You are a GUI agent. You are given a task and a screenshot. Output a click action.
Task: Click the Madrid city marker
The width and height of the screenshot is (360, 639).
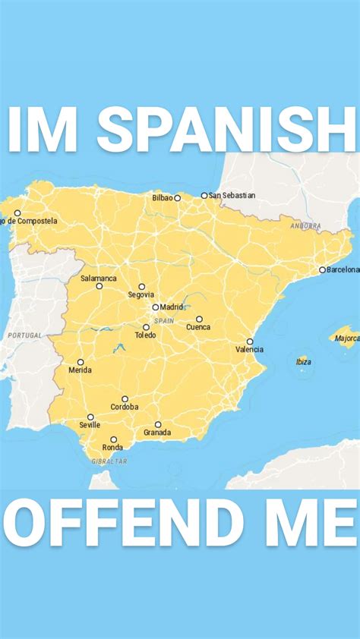156,307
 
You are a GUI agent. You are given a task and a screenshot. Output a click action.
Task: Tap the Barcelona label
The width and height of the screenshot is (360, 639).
343,269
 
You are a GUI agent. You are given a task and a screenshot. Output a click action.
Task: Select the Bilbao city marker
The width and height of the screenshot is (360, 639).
178,198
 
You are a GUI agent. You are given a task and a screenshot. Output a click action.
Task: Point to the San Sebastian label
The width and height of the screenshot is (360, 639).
232,195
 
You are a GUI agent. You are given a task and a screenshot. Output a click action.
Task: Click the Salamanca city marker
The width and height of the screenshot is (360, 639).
99,286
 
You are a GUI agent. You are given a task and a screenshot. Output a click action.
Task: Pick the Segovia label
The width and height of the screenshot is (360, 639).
141,294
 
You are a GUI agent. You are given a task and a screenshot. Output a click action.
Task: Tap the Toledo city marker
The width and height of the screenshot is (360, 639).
146,327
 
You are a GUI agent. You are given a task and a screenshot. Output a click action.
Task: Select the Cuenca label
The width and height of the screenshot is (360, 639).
198,327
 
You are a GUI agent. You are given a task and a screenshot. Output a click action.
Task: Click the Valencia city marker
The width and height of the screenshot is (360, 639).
250,342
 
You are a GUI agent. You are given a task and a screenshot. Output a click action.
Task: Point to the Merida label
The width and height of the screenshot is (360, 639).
80,370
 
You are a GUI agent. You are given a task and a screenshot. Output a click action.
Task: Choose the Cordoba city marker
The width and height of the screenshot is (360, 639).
125,398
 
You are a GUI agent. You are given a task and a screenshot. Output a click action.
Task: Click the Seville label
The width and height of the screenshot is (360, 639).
90,425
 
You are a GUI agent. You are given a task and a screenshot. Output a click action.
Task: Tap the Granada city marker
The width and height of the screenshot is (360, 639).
158,425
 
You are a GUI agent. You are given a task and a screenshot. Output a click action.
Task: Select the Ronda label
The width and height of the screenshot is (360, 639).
112,448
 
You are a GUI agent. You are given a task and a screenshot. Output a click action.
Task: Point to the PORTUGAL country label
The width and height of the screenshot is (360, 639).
24,335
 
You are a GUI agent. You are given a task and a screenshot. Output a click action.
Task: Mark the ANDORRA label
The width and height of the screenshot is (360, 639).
305,226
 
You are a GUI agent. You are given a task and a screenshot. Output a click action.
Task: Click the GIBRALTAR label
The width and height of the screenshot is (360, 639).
109,461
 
